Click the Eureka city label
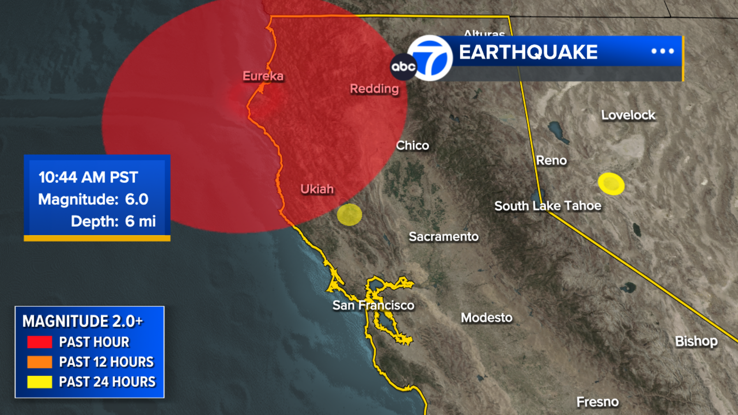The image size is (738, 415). [x=263, y=76]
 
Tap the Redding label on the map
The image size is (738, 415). [x=374, y=89]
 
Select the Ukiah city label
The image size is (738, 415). [x=317, y=189]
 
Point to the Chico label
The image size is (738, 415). [x=412, y=146]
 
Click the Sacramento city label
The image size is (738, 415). [x=443, y=237]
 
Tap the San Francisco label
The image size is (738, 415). [x=373, y=305]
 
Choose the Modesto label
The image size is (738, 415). [x=487, y=318]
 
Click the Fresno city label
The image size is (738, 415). [x=597, y=402]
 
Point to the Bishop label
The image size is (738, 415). [x=696, y=341]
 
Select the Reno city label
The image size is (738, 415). [x=551, y=160]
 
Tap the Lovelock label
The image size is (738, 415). [x=628, y=115]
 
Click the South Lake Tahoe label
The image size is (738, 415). [x=548, y=206]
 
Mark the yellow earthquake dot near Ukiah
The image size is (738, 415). [x=349, y=214]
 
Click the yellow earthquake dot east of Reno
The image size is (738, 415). [x=611, y=184]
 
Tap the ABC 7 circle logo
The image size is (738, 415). [x=429, y=58]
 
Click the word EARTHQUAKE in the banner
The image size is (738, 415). [x=528, y=52]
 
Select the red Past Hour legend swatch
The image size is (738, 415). [x=40, y=342]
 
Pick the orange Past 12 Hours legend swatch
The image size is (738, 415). [x=40, y=362]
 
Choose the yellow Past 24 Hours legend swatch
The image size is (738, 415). [x=40, y=382]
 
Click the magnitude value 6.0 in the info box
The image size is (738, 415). [x=137, y=199]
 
